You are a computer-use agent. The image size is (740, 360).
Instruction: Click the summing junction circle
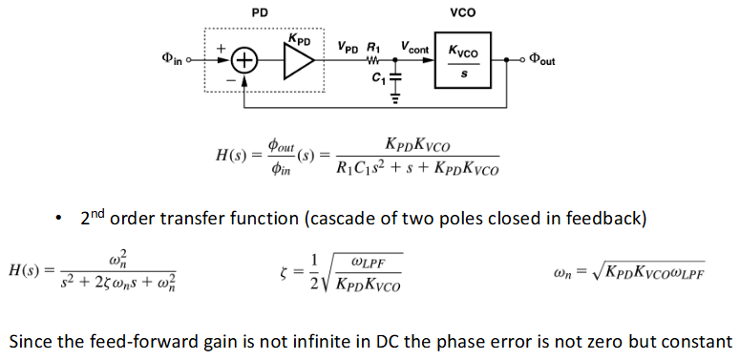pyautogui.click(x=245, y=59)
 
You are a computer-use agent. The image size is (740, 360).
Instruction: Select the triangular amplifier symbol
pyautogui.click(x=298, y=59)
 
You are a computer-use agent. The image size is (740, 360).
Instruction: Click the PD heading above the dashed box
pyautogui.click(x=258, y=12)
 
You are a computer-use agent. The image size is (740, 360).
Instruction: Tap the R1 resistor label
pyautogui.click(x=374, y=45)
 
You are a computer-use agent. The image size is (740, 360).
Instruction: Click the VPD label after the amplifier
pyautogui.click(x=347, y=45)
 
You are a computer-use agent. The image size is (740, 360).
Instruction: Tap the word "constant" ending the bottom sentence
pyautogui.click(x=699, y=341)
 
